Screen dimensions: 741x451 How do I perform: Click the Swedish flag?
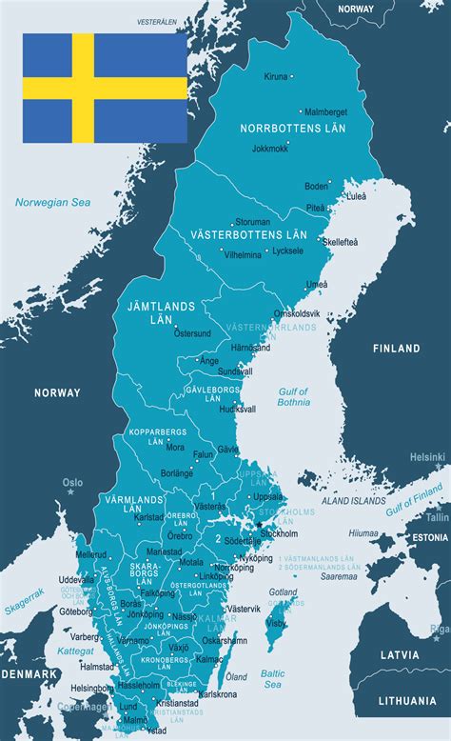[x=105, y=88]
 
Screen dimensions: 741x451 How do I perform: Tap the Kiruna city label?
[x=275, y=76]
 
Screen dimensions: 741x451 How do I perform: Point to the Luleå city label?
[x=356, y=196]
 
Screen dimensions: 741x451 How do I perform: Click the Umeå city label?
[x=317, y=284]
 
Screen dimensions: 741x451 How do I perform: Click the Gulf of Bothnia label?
[x=294, y=396]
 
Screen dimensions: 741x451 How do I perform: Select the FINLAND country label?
[x=396, y=349]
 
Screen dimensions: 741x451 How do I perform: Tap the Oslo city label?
[x=73, y=482]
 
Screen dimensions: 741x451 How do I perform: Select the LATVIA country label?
[x=400, y=655]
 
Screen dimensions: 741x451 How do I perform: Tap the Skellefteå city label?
[x=340, y=242]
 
